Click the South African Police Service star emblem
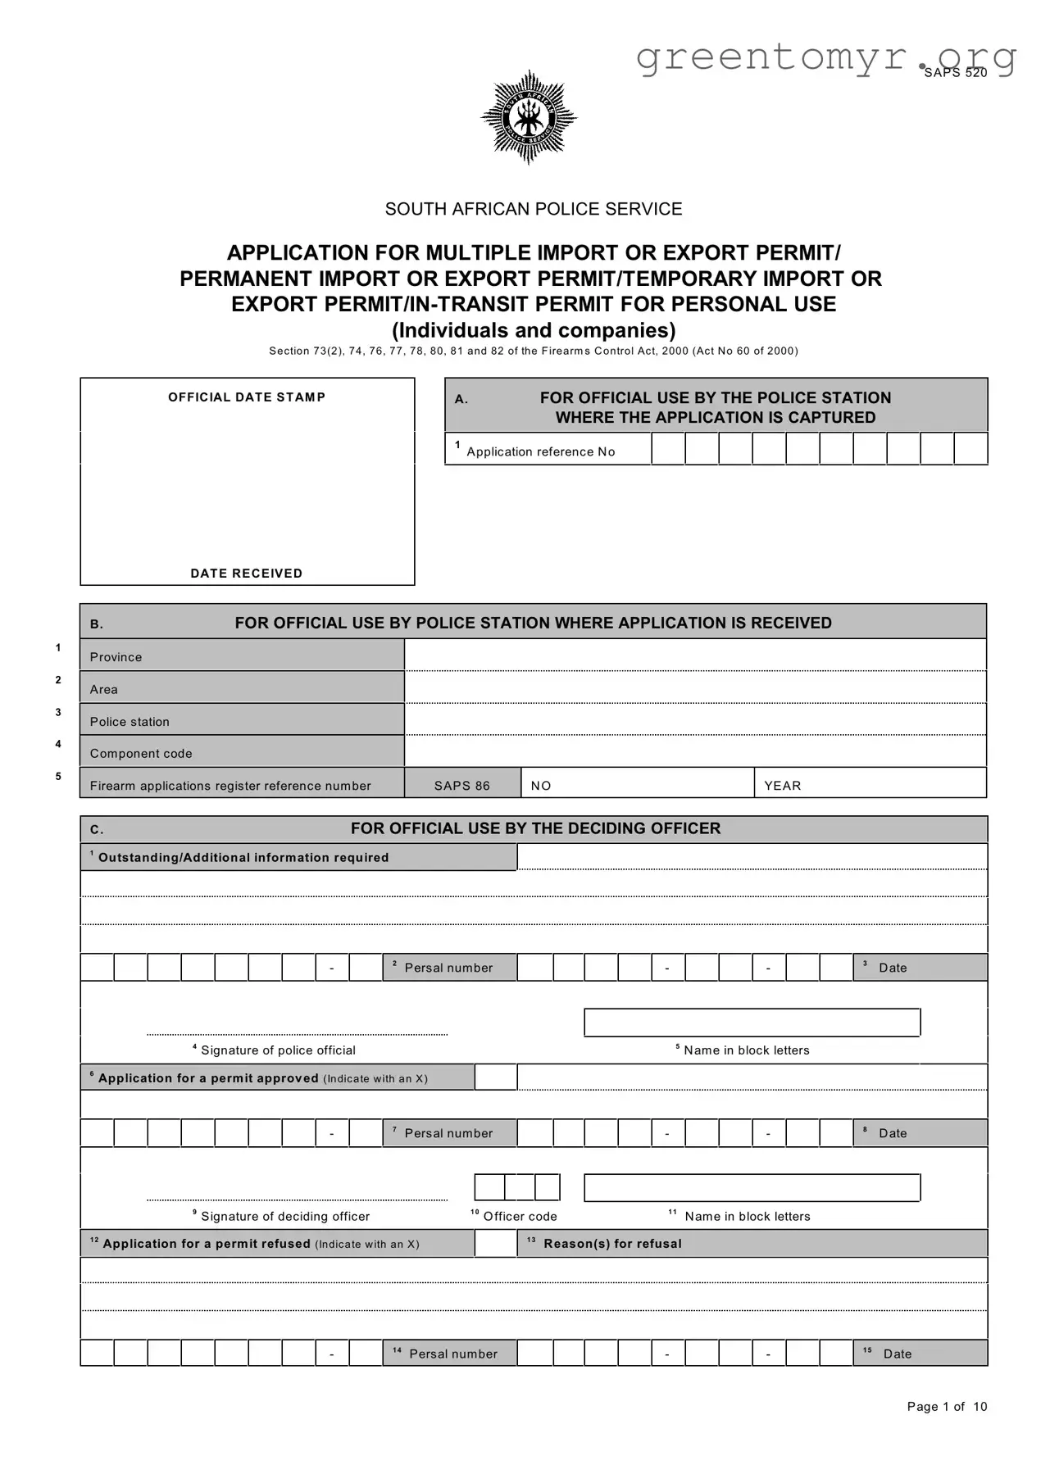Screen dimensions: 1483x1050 529,117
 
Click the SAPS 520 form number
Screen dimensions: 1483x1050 955,73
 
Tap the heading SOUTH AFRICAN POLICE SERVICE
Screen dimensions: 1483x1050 534,209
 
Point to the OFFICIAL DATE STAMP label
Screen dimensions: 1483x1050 247,397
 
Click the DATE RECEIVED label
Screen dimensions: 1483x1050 247,574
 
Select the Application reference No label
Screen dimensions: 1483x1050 540,451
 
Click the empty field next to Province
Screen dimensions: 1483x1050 695,655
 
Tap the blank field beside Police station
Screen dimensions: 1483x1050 695,720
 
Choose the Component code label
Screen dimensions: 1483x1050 141,754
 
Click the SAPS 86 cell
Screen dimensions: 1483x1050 462,786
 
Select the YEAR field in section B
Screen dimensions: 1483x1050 869,784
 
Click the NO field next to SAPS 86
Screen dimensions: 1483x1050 637,784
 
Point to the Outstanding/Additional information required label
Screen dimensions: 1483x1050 243,858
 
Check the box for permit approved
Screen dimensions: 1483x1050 496,1077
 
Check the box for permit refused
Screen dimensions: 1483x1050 496,1243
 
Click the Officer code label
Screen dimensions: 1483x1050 520,1217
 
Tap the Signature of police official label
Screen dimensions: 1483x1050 278,1050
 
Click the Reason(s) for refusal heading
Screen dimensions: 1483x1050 612,1244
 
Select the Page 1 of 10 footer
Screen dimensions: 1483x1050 947,1407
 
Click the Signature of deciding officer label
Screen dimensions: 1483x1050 284,1217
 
